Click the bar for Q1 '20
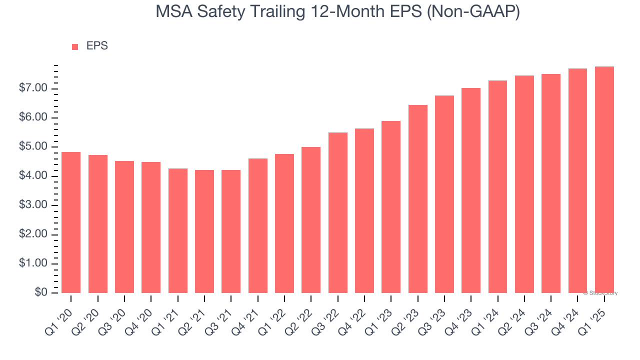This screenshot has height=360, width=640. [71, 222]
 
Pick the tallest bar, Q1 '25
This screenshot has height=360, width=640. [604, 180]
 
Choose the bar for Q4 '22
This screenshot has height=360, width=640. [364, 210]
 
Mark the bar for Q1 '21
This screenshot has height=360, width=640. [178, 230]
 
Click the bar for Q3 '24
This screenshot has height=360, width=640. [551, 183]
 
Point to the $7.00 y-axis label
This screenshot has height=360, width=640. [32, 88]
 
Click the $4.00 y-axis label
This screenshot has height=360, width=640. [32, 176]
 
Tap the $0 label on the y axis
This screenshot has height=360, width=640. [41, 293]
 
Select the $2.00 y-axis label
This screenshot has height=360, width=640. [32, 234]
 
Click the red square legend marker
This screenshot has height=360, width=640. [75, 47]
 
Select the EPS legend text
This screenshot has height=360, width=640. [97, 46]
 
